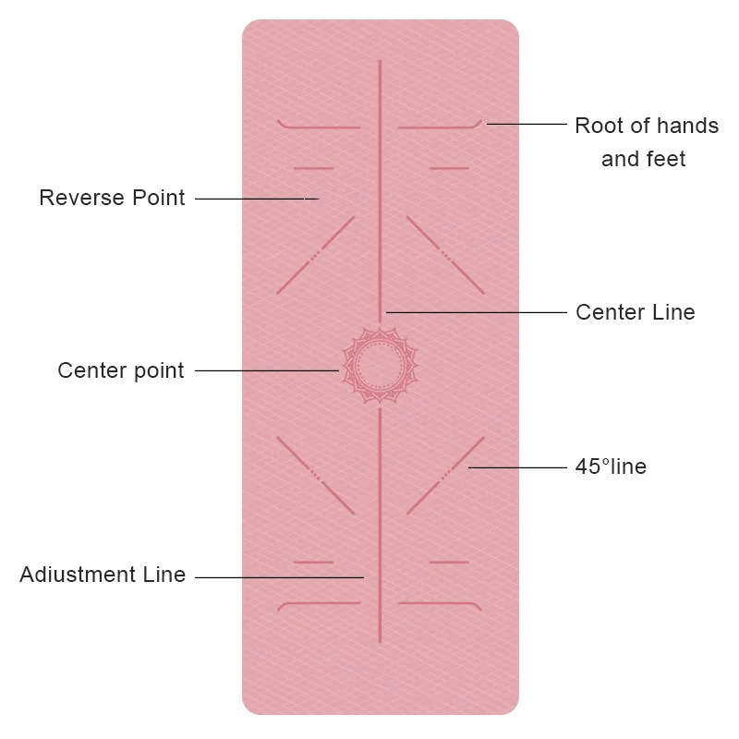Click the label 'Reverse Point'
112,198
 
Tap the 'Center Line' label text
635,312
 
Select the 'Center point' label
121,370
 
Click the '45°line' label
611,466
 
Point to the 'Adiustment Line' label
103,575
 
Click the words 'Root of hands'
646,126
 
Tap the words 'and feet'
643,159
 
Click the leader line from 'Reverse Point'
254,198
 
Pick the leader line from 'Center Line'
476,312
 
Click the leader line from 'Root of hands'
527,123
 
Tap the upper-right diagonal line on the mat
444,255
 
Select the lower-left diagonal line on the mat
314,475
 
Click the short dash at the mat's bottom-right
449,562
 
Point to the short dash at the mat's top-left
312,168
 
